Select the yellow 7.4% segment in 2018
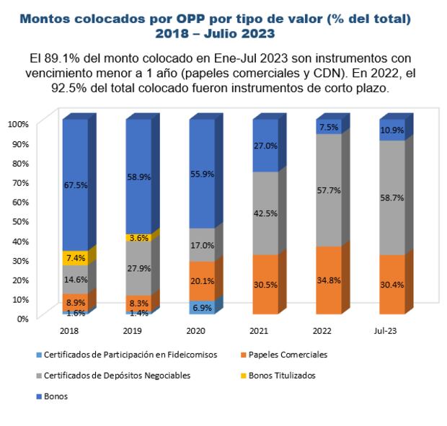[x=75, y=257]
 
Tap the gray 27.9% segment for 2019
[x=138, y=268]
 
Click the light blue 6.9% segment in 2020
[x=202, y=308]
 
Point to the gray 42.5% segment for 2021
[x=265, y=213]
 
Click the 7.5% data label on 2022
[x=329, y=127]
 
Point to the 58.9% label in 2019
[x=138, y=177]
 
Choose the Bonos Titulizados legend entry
[x=291, y=376]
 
